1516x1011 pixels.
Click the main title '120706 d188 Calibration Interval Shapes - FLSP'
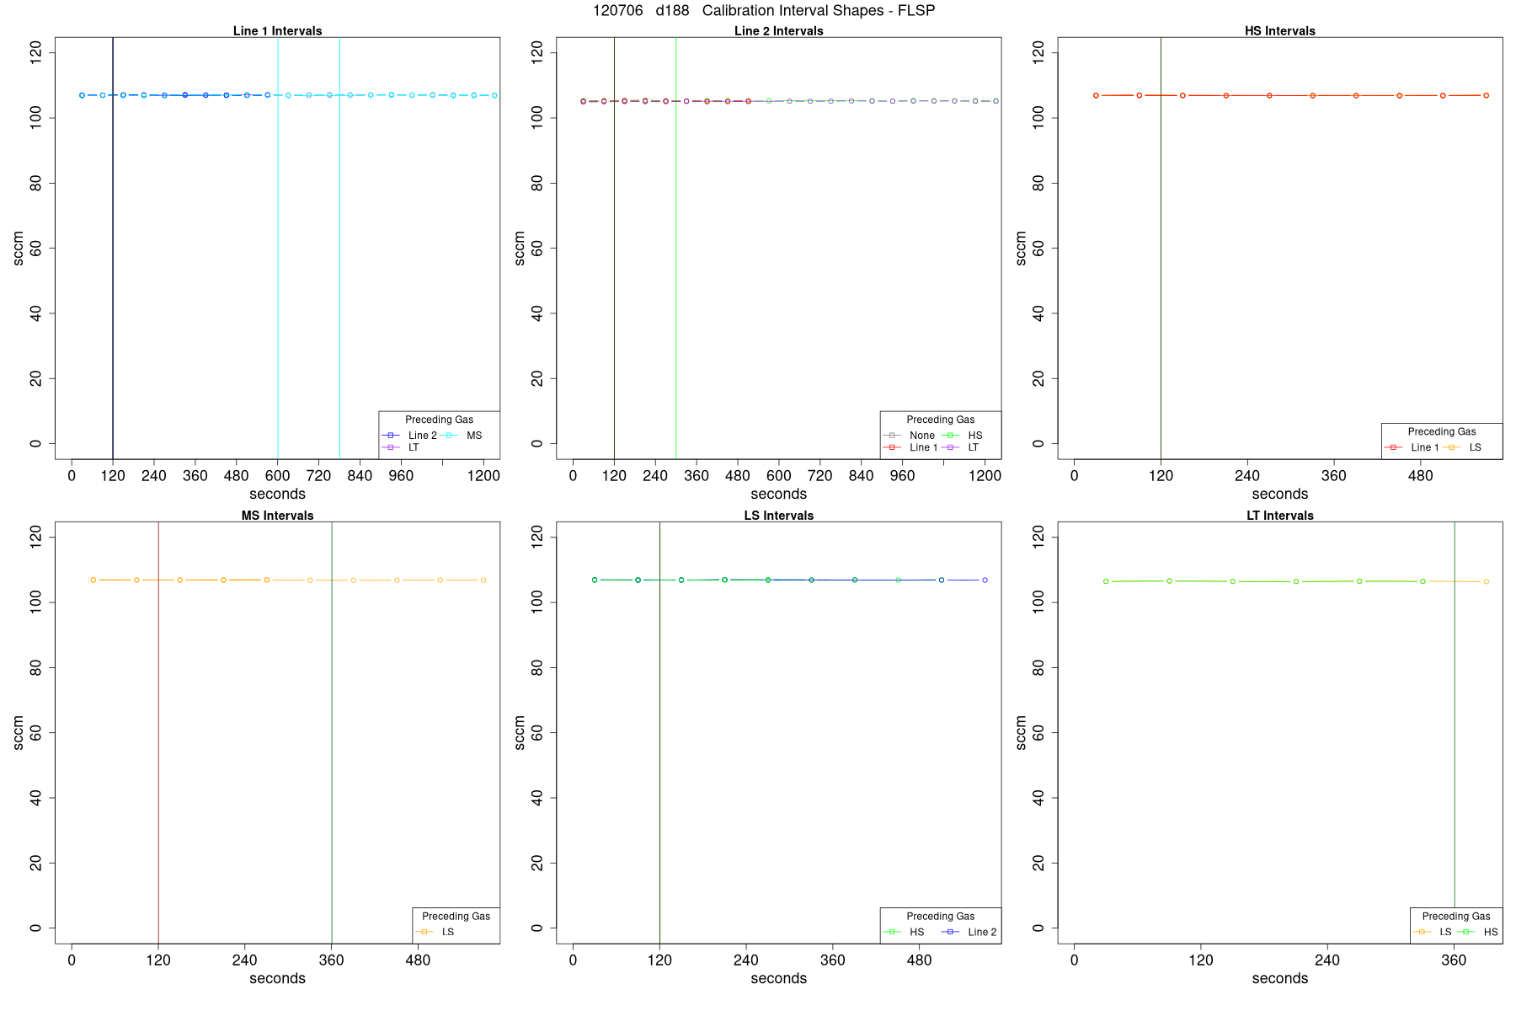(x=763, y=11)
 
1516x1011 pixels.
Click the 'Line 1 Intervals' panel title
(x=277, y=31)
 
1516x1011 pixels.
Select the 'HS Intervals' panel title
(x=1279, y=31)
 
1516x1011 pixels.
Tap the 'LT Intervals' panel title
(x=1279, y=516)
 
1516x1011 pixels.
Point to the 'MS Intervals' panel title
(x=277, y=516)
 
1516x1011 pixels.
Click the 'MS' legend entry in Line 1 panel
(x=474, y=436)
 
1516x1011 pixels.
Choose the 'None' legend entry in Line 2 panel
(x=921, y=436)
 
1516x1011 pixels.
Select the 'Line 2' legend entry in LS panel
(x=982, y=932)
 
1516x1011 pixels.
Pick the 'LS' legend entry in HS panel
(x=1475, y=447)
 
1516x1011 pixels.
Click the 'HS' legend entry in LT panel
(x=1491, y=932)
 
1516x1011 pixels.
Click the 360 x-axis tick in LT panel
(x=1454, y=960)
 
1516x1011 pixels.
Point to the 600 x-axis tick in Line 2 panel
(x=779, y=476)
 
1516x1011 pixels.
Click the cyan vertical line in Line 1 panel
(x=278, y=253)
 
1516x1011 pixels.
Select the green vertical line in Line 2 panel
(x=676, y=253)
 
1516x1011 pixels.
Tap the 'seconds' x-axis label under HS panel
(x=1279, y=495)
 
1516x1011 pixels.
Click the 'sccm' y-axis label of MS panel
(x=19, y=732)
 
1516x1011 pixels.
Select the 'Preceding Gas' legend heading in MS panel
(x=456, y=916)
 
